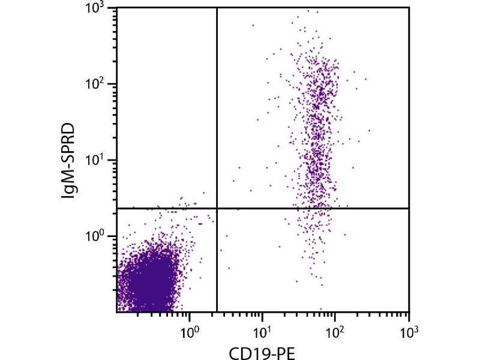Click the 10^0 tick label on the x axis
(x=190, y=331)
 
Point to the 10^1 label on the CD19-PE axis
(x=262, y=331)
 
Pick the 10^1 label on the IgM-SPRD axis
(x=98, y=160)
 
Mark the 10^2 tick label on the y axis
(x=98, y=84)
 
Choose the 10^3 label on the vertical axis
(x=98, y=8)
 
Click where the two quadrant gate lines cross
(x=216, y=208)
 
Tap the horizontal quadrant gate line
(x=312, y=208)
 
